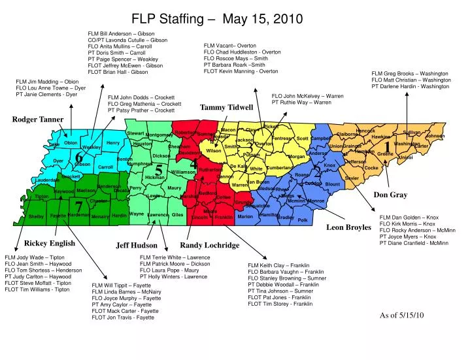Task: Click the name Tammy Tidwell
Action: (226, 107)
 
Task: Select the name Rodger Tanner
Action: (38, 120)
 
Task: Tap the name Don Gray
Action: (390, 195)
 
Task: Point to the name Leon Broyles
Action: (348, 227)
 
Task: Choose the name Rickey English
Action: (50, 243)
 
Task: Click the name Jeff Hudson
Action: (137, 246)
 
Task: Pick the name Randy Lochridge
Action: (209, 245)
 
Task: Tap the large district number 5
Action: (158, 170)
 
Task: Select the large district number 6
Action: (78, 157)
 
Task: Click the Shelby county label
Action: (36, 216)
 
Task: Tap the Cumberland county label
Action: (280, 168)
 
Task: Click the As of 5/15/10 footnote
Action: (402, 315)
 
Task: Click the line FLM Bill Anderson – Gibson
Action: (121, 33)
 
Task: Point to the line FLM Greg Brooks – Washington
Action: (411, 73)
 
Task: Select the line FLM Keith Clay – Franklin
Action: (278, 265)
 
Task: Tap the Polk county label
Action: (302, 220)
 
